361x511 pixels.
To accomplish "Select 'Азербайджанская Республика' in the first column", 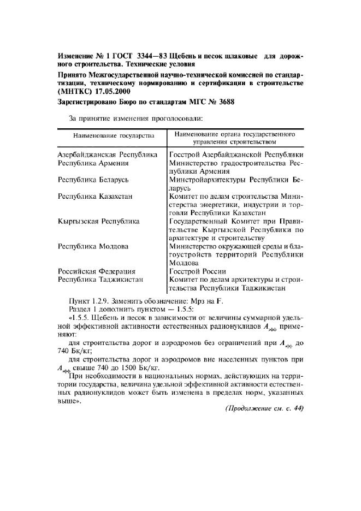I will [108, 155].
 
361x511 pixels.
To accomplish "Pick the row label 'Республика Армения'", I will [93, 163].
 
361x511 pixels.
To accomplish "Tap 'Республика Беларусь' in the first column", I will [94, 179].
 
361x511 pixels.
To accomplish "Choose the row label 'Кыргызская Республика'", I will [98, 221].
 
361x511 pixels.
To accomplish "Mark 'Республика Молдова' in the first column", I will [93, 246].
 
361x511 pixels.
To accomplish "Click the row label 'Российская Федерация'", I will [97, 271].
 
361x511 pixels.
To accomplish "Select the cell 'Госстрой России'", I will [197, 271].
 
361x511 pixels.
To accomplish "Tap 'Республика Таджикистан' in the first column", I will [100, 280].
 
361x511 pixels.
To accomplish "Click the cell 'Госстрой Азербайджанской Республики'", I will [236, 155].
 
